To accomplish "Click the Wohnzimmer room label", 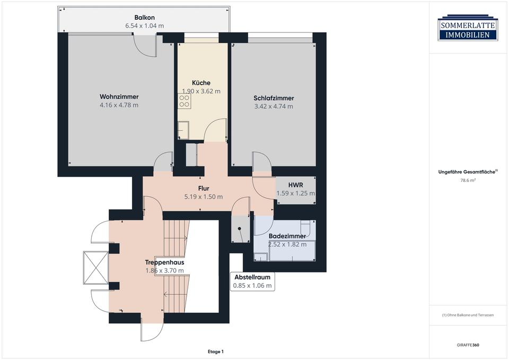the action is click(119, 96).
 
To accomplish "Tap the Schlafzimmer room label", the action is click(274, 98).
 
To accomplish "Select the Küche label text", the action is click(201, 83).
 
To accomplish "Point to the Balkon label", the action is click(144, 17).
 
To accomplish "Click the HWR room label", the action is click(295, 185).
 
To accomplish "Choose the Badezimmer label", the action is click(287, 236).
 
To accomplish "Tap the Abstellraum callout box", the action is click(252, 282).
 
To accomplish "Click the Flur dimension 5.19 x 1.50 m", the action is click(204, 197).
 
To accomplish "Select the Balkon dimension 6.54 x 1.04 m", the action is click(144, 25).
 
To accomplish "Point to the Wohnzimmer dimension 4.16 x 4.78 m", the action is click(119, 105).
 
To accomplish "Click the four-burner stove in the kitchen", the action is click(185, 101).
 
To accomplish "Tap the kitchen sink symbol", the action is click(183, 130).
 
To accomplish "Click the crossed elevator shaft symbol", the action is click(96, 268).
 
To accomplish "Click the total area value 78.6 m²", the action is click(468, 180).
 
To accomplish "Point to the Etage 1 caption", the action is click(216, 352).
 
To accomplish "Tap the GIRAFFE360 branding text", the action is click(468, 345).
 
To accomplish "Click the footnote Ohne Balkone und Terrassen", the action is click(468, 315).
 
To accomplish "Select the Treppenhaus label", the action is click(164, 262).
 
